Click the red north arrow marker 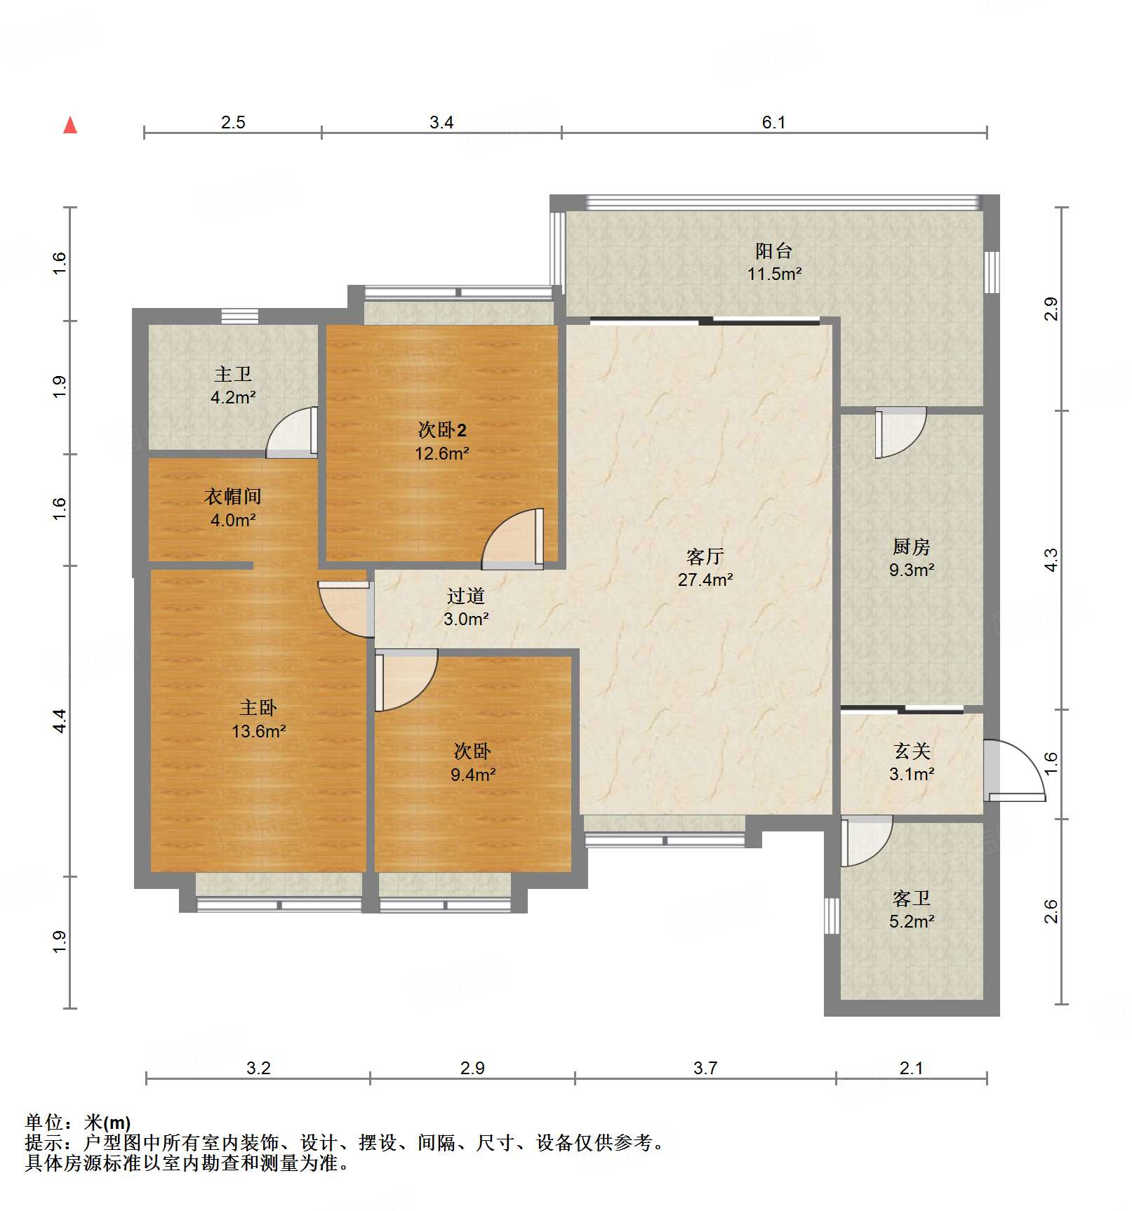coord(70,126)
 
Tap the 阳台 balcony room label coord(774,250)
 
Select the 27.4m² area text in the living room coord(705,580)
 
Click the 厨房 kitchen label coord(911,546)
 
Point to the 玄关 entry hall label coord(912,751)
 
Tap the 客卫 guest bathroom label coord(911,898)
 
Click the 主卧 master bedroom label coord(258,707)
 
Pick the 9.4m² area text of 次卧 coord(473,775)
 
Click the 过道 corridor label coord(466,596)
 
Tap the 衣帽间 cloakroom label coord(233,497)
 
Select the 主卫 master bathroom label coord(233,374)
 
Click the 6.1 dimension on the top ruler coord(773,122)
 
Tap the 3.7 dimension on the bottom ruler coord(705,1068)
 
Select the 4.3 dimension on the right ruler coord(1051,559)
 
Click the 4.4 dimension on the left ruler coord(60,721)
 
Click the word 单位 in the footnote coord(45,1123)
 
